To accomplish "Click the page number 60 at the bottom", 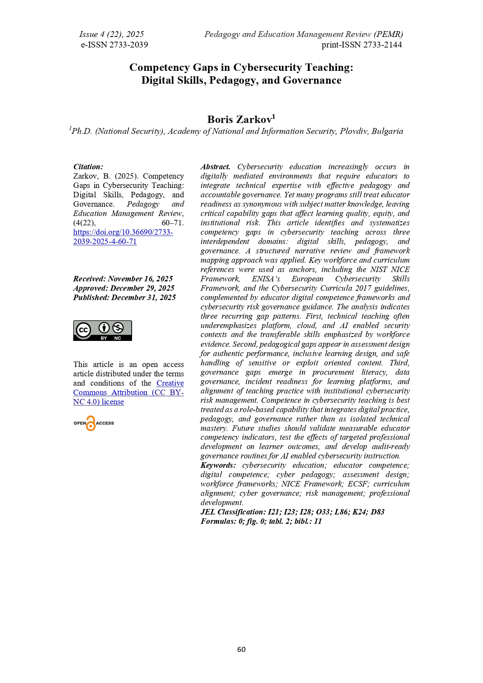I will coord(241,649).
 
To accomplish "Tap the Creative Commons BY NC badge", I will coord(102,330).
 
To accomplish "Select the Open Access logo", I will coord(93,423).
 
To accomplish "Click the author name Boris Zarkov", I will coord(239,119).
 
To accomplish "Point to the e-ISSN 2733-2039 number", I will coord(114,45).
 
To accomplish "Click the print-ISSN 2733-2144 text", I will coord(361,45).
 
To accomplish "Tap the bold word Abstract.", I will coord(215,167).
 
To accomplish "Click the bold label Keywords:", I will coord(218,465).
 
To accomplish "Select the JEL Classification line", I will coord(292,512).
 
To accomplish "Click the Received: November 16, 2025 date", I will coord(123,279).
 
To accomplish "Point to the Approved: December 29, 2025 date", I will coord(123,288).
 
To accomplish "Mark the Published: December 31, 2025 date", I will coord(124,297).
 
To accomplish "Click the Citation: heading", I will coord(88,167).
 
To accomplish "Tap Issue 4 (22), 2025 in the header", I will coord(111,34).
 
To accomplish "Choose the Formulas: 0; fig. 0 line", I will coord(261,521).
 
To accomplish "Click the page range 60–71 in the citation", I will coord(173,223).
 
